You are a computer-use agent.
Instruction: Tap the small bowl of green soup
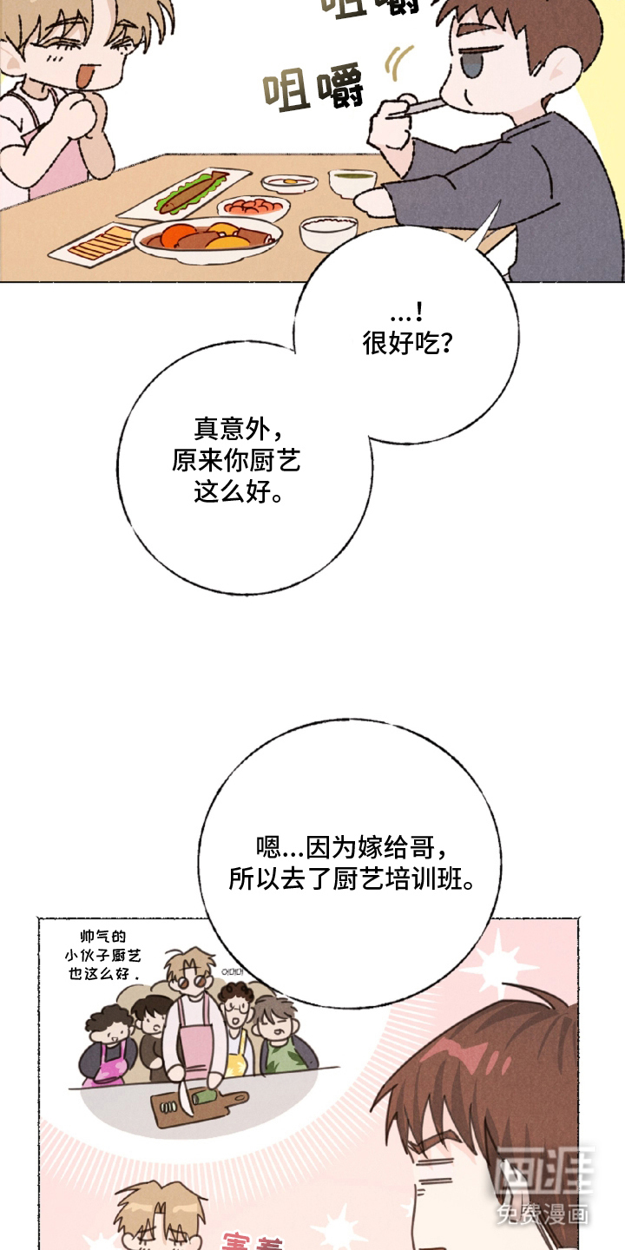pos(352,181)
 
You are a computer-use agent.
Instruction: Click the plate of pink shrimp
pos(253,207)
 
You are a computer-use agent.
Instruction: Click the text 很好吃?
pos(407,344)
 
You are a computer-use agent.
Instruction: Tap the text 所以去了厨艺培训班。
pos(352,878)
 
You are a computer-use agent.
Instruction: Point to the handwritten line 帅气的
pos(95,937)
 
